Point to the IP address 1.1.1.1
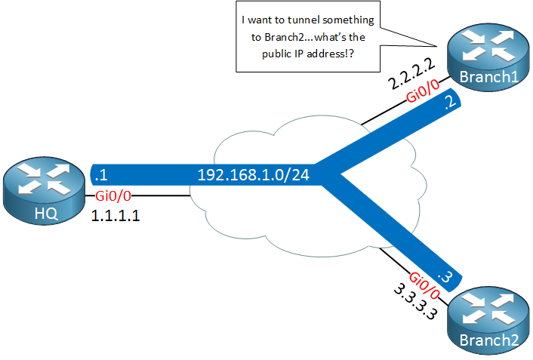point(116,216)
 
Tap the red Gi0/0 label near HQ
point(113,196)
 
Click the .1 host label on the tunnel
point(98,175)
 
